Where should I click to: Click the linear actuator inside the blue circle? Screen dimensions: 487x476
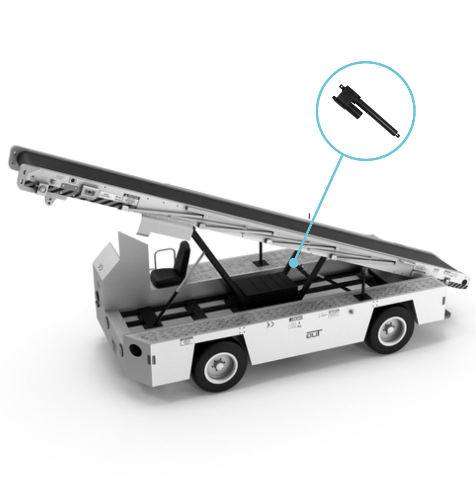(366, 111)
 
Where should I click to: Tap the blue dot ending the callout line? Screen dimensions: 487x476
(293, 262)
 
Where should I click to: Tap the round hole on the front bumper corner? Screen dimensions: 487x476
(134, 350)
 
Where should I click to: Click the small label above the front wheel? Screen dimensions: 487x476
(187, 341)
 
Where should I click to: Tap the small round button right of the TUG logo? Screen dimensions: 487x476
(351, 311)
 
